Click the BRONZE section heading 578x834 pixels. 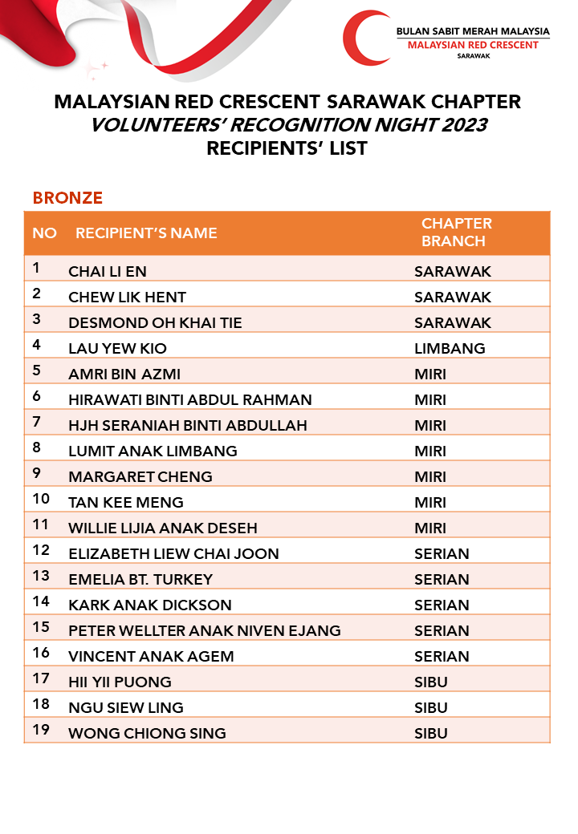(x=67, y=197)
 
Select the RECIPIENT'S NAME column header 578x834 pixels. (x=146, y=233)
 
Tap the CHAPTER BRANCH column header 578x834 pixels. (x=456, y=232)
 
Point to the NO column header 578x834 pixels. (x=45, y=233)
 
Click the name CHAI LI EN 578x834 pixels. (x=108, y=271)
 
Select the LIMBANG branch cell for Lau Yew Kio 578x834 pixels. (x=450, y=348)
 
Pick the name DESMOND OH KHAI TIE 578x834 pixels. (x=155, y=322)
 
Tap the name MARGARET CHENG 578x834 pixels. (x=140, y=476)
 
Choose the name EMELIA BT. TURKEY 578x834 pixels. (x=140, y=579)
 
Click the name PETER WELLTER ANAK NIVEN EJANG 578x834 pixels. (x=205, y=630)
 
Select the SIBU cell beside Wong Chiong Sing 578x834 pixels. (x=430, y=733)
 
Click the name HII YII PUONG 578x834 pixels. (x=120, y=682)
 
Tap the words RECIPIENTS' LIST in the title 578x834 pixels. (x=287, y=148)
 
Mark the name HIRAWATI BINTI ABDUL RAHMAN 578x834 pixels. (x=190, y=399)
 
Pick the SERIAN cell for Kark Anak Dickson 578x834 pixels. (x=442, y=605)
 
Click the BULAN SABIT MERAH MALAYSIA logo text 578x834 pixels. (x=473, y=31)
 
